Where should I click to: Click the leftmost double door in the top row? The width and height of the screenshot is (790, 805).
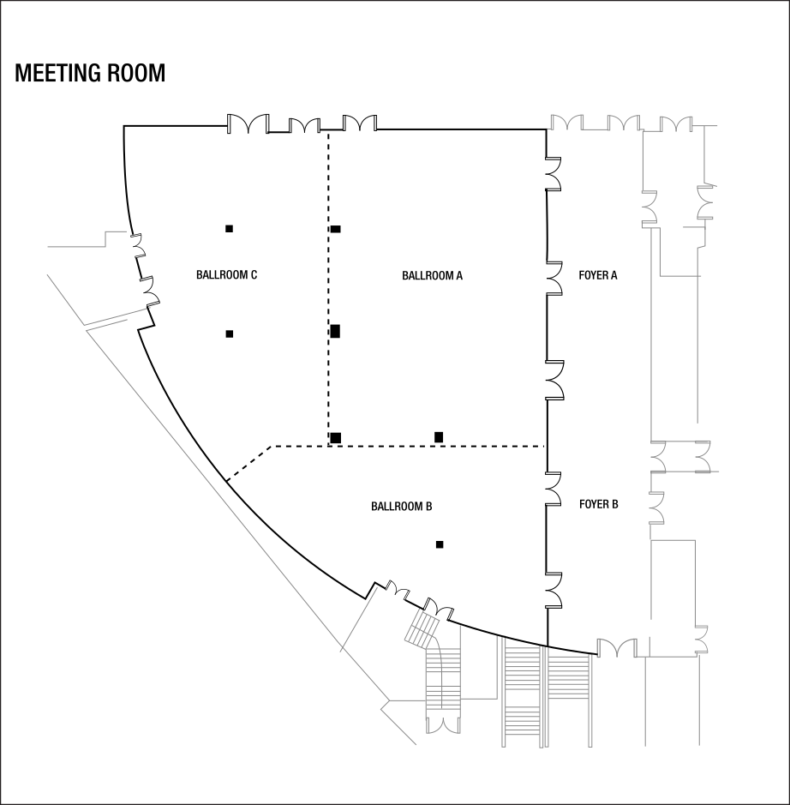point(566,123)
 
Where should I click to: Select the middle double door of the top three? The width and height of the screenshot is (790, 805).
point(624,123)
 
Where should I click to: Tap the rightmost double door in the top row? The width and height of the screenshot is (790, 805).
point(677,124)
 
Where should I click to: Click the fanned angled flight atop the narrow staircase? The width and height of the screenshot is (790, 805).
point(422,629)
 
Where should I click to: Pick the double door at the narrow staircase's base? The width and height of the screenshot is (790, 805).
point(443,725)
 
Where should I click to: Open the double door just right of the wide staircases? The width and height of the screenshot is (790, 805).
point(616,647)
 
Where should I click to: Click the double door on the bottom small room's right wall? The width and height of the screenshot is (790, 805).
point(702,640)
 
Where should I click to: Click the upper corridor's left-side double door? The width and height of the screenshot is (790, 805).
point(649,208)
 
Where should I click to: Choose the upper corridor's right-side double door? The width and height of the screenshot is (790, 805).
point(706,202)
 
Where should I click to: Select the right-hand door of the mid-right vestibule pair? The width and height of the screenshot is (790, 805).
point(703,456)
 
